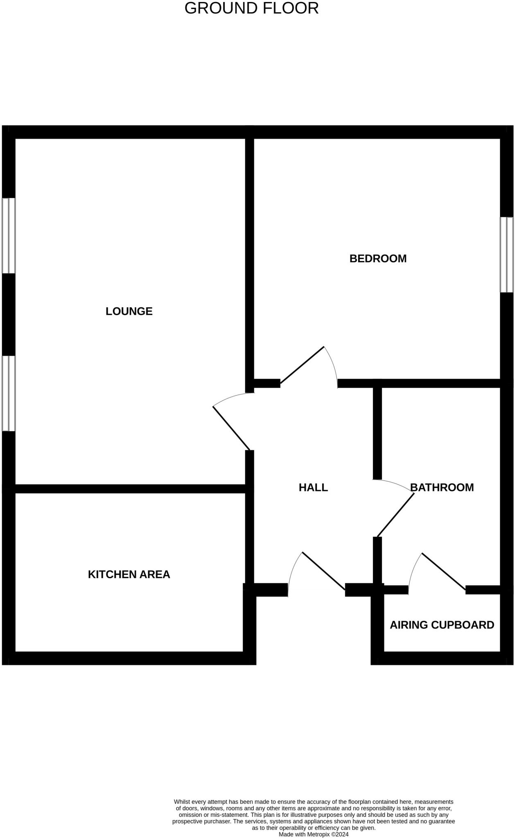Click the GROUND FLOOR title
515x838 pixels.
251,8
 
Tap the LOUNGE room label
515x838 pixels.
129,311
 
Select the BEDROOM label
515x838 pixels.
378,259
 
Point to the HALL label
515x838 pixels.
313,487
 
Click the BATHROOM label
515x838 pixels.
442,487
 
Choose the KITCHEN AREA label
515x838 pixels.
129,574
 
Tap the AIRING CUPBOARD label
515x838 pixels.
442,625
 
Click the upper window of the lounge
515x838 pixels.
9,236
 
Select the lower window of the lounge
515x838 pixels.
9,393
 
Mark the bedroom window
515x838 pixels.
506,255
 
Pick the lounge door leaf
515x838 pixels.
231,428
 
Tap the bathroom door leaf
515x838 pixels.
395,515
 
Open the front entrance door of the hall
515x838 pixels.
323,571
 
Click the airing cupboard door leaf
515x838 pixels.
443,571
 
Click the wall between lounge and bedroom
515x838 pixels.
250,262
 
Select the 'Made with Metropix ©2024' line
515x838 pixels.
314,834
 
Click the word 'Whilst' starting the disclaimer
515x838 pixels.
182,802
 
